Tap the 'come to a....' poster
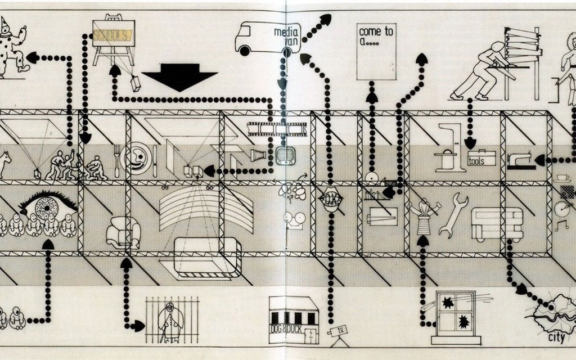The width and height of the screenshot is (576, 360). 376,51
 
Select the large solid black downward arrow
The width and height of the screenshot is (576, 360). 179,78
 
